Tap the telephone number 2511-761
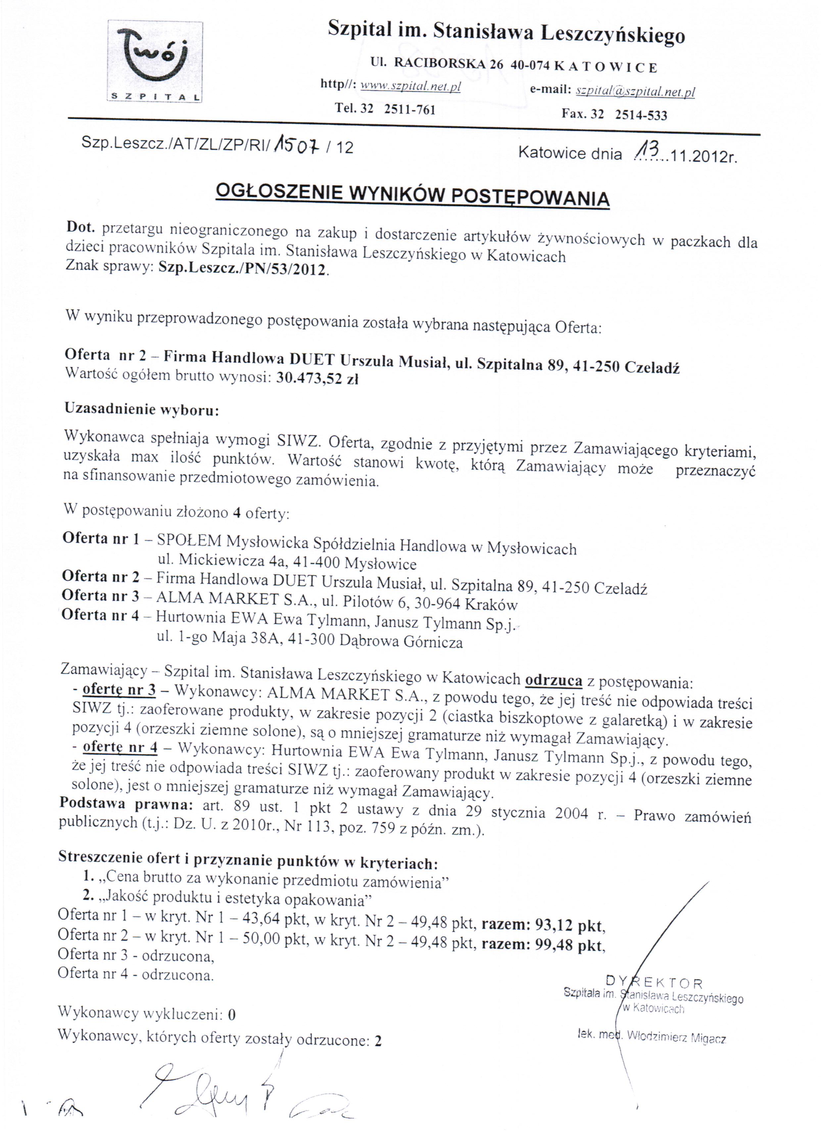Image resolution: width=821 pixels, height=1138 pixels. pyautogui.click(x=410, y=109)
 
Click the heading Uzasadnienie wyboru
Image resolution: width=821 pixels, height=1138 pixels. pyautogui.click(x=142, y=409)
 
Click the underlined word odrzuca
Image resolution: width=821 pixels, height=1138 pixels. pyautogui.click(x=554, y=680)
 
